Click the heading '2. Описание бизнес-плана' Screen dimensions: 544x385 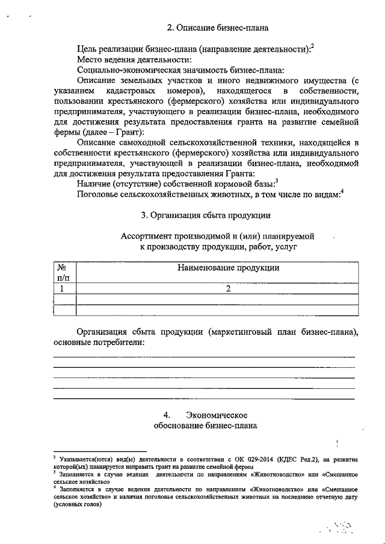pos(217,28)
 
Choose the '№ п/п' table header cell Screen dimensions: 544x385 pos(62,273)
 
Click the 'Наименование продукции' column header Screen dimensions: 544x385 pos(228,268)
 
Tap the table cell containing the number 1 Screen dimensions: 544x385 pos(62,289)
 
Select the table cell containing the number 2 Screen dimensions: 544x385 pos(228,289)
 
